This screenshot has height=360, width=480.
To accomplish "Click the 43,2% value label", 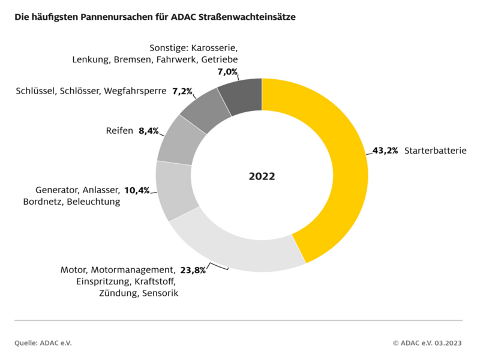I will click(385, 151).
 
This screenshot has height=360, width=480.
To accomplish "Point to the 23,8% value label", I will click(193, 270).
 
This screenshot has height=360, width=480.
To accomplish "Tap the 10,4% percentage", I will click(137, 190).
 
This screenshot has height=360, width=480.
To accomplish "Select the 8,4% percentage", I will click(148, 131).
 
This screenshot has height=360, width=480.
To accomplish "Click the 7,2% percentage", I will click(182, 91).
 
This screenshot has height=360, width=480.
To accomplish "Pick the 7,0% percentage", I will click(227, 71).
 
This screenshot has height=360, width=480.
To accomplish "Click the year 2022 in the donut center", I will click(262, 176).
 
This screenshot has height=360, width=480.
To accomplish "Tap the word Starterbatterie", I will click(435, 151).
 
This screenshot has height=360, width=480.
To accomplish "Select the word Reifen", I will click(119, 131).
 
